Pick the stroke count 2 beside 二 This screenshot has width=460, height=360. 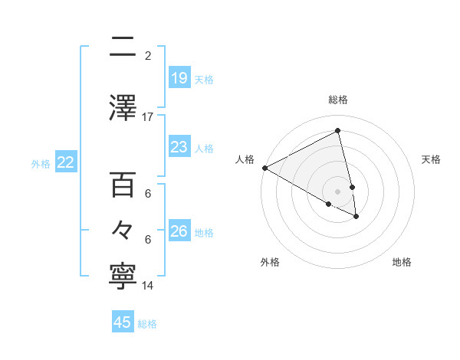click(x=148, y=56)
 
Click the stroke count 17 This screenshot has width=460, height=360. click(x=148, y=117)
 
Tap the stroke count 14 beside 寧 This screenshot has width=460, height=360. click(x=148, y=286)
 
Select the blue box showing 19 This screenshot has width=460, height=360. click(x=179, y=78)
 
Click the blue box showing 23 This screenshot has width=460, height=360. click(x=179, y=146)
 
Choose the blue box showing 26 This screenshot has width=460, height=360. click(x=179, y=231)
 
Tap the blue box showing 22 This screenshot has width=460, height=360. click(x=66, y=162)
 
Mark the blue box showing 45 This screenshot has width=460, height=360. click(x=123, y=322)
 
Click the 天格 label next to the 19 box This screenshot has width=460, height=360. click(x=204, y=79)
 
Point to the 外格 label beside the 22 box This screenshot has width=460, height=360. click(x=41, y=162)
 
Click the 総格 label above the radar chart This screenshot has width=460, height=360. click(x=338, y=100)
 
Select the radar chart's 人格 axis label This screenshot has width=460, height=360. click(x=245, y=159)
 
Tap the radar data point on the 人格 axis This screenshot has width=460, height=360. click(x=264, y=168)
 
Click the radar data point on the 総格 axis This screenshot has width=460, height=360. click(x=338, y=131)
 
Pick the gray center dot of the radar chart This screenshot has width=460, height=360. click(x=338, y=191)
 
